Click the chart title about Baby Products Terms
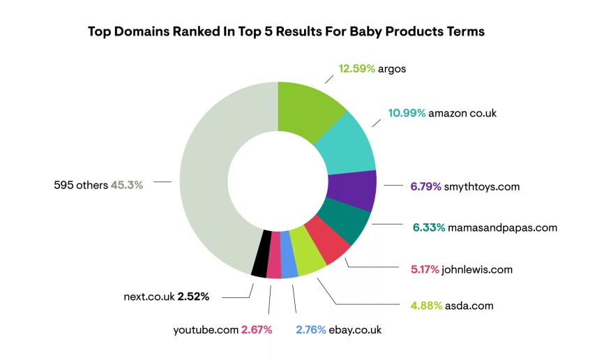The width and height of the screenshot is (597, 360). coord(286,32)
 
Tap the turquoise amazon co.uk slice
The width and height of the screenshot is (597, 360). coord(345,147)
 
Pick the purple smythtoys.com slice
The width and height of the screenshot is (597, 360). coord(352,189)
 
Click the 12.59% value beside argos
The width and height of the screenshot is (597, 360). coord(357,68)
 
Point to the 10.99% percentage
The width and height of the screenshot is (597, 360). coord(407,113)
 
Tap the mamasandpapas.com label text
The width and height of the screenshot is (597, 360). coord(503,227)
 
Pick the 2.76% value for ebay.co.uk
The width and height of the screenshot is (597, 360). coord(311,329)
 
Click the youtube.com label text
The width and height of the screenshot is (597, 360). coord(206,329)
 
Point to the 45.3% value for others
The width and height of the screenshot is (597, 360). coord(127,185)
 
